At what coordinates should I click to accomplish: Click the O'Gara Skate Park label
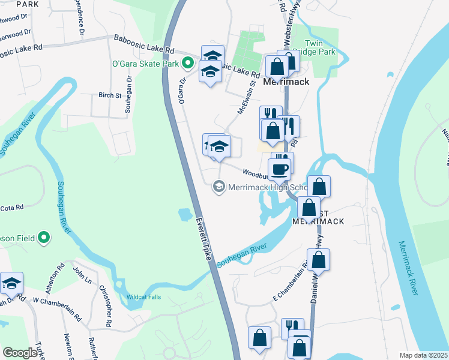click(146, 63)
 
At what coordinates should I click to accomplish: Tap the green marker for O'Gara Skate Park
click(188, 62)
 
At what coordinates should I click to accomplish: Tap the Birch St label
click(110, 95)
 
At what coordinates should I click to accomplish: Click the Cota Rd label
click(11, 207)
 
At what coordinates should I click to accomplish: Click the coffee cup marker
click(280, 169)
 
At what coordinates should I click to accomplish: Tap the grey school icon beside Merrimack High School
click(218, 188)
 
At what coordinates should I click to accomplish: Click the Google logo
click(20, 353)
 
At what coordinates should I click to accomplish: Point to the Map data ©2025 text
click(423, 355)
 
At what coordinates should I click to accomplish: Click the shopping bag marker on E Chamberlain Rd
click(319, 260)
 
